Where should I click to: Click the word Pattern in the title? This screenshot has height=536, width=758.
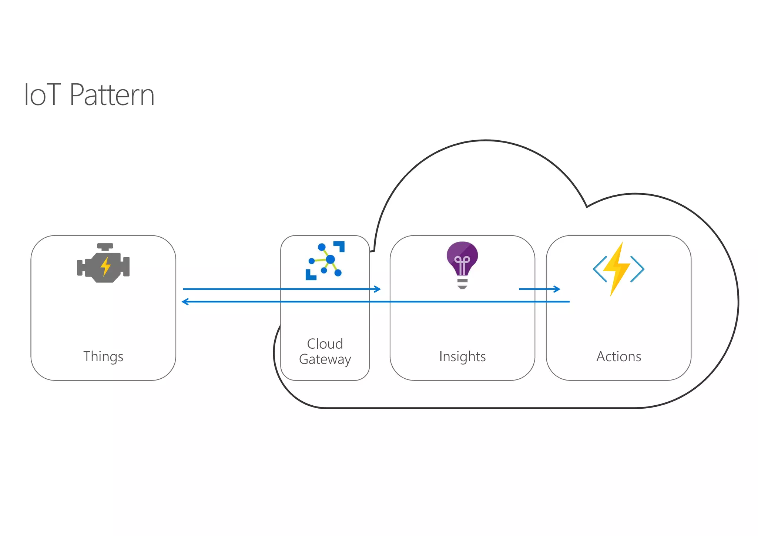click(x=112, y=95)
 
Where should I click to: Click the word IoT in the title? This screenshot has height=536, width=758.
click(x=42, y=95)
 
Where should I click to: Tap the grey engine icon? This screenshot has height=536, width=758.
click(x=103, y=264)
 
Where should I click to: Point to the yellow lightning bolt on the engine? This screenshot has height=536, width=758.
click(x=106, y=266)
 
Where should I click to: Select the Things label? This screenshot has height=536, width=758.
click(x=103, y=356)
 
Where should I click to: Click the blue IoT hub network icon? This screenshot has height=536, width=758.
click(x=325, y=261)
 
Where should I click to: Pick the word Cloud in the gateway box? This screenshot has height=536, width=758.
click(x=325, y=344)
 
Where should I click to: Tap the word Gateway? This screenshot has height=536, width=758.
click(x=325, y=359)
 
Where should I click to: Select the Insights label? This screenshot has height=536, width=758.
click(x=462, y=356)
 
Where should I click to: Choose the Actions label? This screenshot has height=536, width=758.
click(x=618, y=356)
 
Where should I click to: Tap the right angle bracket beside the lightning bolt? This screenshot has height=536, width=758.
click(x=637, y=269)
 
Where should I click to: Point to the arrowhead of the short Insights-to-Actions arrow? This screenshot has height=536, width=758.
click(x=558, y=289)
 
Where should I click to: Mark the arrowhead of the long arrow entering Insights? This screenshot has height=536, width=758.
click(x=378, y=289)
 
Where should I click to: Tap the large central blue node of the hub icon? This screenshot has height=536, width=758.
click(x=330, y=259)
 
